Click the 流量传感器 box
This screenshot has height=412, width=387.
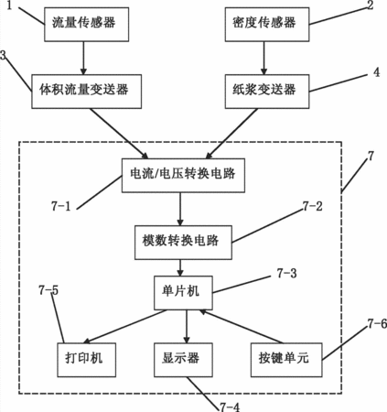tap(87, 25)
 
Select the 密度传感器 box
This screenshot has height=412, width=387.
tap(267, 25)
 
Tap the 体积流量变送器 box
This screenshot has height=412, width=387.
tap(87, 92)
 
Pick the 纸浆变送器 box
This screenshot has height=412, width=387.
tap(267, 92)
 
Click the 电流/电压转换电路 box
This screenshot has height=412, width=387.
tap(183, 175)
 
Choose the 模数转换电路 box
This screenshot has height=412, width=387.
tap(183, 243)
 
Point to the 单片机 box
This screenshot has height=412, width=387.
tap(183, 293)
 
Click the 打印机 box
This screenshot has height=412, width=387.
tap(87, 360)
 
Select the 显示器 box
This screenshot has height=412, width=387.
tap(183, 360)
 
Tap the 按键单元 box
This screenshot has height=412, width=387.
tap(286, 360)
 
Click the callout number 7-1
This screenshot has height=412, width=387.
tap(61, 206)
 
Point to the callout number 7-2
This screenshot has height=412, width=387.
tap(313, 206)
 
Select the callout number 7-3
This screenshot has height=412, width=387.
tap(286, 273)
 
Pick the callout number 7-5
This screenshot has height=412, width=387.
tap(48, 290)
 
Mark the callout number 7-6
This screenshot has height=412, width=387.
tap(377, 323)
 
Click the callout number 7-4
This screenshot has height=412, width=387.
tap(230, 407)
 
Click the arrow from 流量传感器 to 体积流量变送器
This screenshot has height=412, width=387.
tap(83, 58)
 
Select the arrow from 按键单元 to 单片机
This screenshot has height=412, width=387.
tap(241, 326)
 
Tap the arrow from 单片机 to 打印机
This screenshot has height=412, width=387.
tap(125, 327)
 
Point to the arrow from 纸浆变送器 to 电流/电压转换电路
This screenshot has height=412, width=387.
tap(231, 134)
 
